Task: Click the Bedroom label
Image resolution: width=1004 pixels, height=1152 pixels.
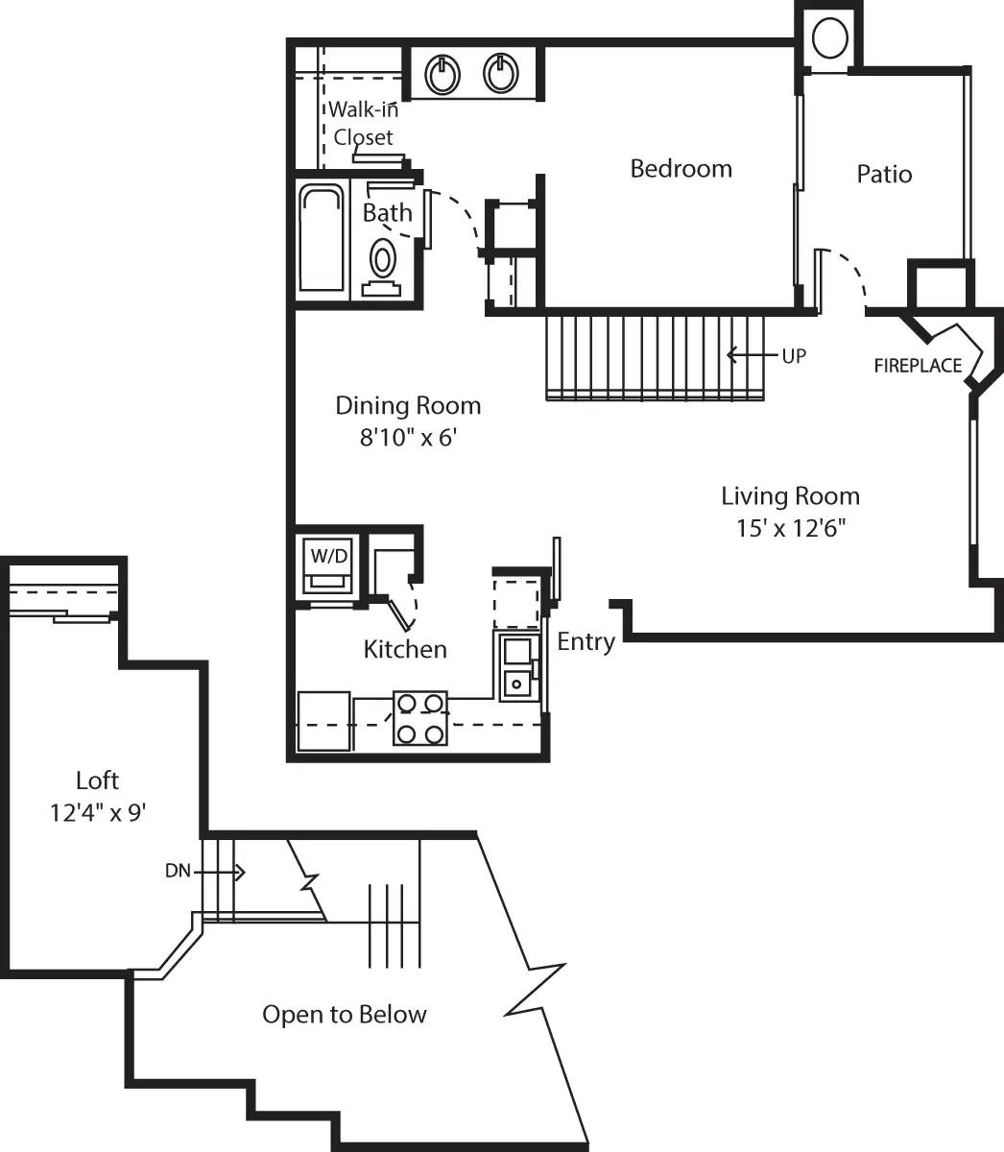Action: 681,169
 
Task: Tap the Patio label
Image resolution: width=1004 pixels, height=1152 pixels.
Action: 884,175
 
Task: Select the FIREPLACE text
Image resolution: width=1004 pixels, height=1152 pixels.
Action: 918,366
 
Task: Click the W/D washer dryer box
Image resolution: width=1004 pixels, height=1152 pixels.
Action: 326,566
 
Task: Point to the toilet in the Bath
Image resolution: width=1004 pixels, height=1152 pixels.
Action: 383,259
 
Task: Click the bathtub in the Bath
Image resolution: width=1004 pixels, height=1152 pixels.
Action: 322,238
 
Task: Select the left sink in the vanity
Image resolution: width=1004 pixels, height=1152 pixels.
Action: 442,73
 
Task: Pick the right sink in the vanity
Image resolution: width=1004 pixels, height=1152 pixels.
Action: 501,73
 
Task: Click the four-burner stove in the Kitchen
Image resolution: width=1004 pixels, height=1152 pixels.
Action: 420,719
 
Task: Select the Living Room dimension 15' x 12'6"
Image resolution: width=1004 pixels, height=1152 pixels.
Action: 790,528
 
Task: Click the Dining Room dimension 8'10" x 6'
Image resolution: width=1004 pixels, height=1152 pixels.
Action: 407,438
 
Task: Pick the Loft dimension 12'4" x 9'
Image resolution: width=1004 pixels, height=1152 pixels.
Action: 98,813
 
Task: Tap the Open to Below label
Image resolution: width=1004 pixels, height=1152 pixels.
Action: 344,1015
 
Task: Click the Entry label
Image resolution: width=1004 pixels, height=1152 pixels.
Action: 586,641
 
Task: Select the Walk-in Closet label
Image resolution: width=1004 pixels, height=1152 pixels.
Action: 363,124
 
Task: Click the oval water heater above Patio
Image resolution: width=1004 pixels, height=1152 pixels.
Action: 830,39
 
